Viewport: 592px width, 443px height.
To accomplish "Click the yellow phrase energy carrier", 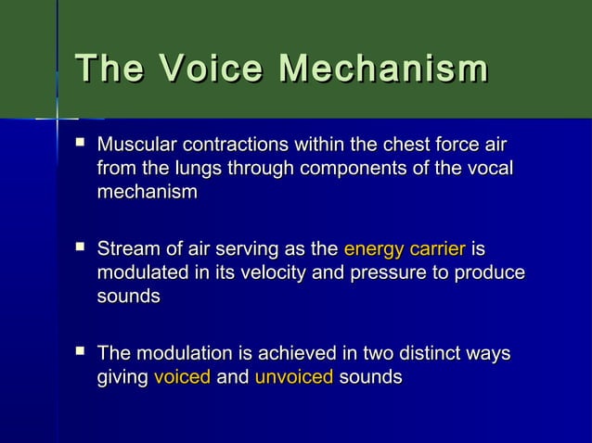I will (404, 249).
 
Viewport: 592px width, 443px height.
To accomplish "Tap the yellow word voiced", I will (182, 377).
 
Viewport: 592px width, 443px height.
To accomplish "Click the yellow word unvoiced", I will (293, 377).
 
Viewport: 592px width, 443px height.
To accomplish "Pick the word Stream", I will (128, 249).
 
